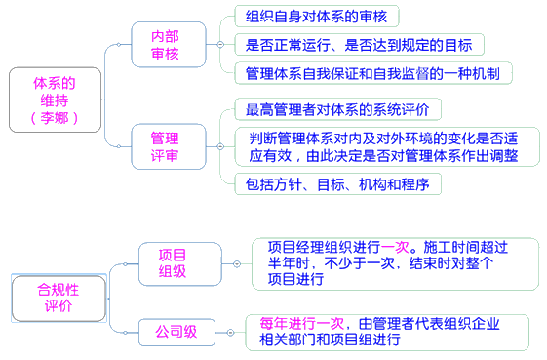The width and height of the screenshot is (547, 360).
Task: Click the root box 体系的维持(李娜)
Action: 53,99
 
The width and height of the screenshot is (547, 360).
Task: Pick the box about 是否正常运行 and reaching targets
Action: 358,44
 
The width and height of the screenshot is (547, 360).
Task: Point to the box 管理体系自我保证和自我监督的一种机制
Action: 373,72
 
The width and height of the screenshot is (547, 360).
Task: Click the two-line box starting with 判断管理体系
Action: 383,145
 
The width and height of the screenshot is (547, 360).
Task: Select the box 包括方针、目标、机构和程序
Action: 332,182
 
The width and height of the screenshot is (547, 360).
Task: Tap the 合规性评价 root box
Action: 58,297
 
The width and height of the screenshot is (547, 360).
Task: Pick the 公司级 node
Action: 176,331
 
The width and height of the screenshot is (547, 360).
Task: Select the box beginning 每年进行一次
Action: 386,332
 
